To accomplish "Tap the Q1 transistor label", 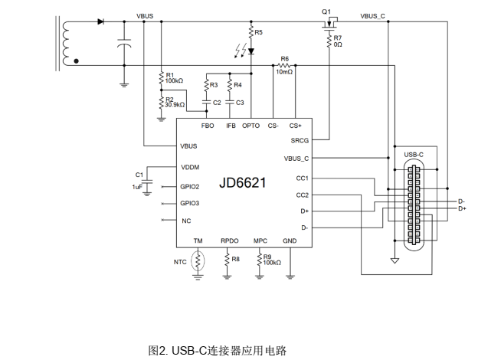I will [x=326, y=11].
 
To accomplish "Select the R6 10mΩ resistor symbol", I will [x=285, y=66].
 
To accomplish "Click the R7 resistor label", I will [x=338, y=38].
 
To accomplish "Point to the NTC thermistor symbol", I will [x=198, y=261].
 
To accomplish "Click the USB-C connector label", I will [x=414, y=155].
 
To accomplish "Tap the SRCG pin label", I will [x=300, y=140].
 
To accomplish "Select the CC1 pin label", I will [x=303, y=178].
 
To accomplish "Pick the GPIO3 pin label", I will [x=190, y=203].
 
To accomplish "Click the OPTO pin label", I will [x=251, y=126].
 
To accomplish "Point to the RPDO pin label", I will [x=230, y=241].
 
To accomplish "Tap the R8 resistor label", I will [x=235, y=260].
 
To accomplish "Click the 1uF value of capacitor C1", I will [x=138, y=186].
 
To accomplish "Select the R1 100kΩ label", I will [x=174, y=77].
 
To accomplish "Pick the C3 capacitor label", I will [x=240, y=102].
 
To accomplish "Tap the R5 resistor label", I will [x=258, y=32].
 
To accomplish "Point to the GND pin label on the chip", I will [x=290, y=241].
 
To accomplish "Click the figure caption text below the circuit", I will [x=217, y=351].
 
